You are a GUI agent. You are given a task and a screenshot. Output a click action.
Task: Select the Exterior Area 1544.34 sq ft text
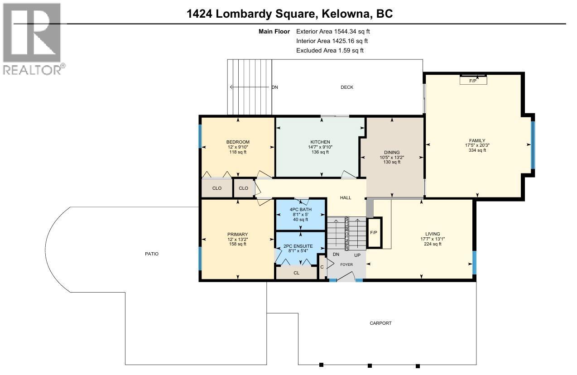(x=336, y=31)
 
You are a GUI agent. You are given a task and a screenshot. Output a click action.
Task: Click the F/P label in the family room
(x=473, y=81)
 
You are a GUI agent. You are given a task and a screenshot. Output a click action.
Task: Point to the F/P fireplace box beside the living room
(x=374, y=233)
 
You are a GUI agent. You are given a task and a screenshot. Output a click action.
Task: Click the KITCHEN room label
(x=320, y=142)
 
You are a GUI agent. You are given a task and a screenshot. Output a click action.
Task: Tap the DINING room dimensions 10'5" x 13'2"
(x=392, y=157)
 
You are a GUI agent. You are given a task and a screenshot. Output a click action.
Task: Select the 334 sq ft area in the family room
(x=477, y=150)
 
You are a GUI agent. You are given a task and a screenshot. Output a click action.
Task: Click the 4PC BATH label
(x=300, y=209)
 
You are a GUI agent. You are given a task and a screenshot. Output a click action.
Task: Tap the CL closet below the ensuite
(x=297, y=273)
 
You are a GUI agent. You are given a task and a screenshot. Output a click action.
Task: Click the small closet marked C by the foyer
(x=322, y=267)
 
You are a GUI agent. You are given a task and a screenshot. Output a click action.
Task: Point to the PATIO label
(x=152, y=254)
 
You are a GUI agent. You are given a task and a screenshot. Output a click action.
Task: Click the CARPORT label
(x=380, y=323)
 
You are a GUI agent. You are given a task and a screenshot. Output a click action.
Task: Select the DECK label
(x=347, y=87)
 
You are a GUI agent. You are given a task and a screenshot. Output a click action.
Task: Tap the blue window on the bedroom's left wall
(x=200, y=136)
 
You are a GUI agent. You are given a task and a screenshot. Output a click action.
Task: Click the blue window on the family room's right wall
(x=533, y=144)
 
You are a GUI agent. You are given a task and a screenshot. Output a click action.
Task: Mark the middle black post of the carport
(x=370, y=365)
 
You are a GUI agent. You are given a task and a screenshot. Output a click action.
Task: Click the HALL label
(x=346, y=197)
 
